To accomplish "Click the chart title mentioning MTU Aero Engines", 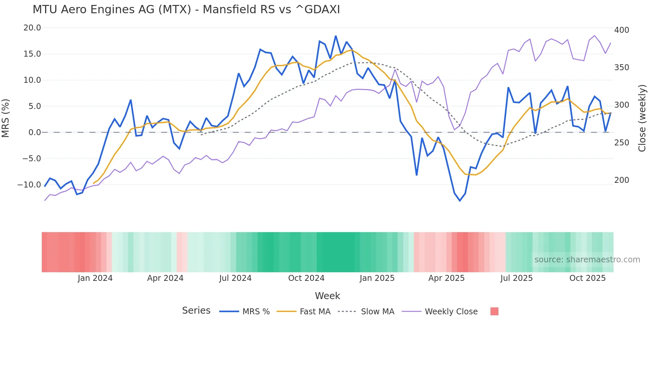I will pos(186,10).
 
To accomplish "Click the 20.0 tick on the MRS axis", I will pos(32,28).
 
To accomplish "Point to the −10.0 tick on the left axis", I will pos(29,185).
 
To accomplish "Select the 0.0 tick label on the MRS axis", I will pos(34,132).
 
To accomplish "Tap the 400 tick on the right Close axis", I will pos(621,30).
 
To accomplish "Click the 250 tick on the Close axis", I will pos(621,143).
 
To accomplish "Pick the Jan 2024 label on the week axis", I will pos(95,278).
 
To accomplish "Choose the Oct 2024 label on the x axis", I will pos(306,278).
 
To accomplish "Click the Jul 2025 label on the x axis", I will pos(516,278).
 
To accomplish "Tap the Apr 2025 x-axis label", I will pos(446,278).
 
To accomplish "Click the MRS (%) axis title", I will pos(6,118).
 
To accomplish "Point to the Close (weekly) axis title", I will pos(642,118).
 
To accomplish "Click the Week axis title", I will pos(327,296).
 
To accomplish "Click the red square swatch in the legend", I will pos(494,311).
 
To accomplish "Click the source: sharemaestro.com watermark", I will pos(587,260).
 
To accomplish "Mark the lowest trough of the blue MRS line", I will pos(460,201).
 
